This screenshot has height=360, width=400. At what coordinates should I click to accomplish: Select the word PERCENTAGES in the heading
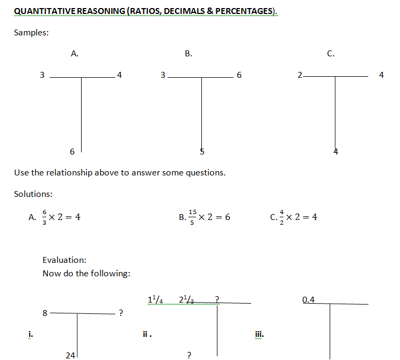(244, 11)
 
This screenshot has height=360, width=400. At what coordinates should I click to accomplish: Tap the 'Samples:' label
(31, 32)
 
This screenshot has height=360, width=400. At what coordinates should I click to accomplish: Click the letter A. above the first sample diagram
(75, 53)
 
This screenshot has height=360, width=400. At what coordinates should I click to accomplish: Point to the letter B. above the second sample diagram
(188, 53)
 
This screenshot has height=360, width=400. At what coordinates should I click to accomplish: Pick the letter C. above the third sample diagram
(331, 53)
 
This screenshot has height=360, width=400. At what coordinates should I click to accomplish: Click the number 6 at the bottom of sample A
(72, 152)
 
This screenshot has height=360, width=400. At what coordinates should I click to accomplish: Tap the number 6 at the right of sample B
(239, 75)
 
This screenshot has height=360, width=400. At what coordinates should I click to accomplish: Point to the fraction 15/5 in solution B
(192, 217)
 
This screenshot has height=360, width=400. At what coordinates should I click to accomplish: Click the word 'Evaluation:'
(64, 260)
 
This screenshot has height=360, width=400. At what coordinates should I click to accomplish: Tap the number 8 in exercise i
(45, 312)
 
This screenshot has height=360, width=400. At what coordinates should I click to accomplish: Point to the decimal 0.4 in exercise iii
(309, 299)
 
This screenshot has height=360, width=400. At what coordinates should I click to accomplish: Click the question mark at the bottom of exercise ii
(188, 355)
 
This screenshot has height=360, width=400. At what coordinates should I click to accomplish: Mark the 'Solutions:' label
(33, 194)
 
